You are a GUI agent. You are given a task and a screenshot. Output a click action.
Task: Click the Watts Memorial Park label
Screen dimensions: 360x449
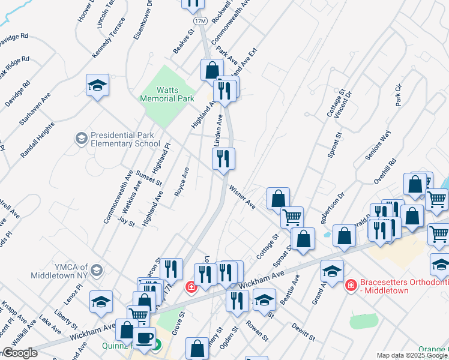(160, 94)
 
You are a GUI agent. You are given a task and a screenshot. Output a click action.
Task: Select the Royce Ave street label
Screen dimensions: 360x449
(182, 181)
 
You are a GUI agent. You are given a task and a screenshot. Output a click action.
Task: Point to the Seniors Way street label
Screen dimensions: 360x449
(378, 145)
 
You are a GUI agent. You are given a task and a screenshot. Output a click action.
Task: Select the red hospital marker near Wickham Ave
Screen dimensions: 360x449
(191, 288)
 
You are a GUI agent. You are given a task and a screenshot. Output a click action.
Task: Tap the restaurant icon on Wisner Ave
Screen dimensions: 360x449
(223, 159)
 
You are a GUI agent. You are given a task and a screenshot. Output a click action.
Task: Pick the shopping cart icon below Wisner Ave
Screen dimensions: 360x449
(292, 217)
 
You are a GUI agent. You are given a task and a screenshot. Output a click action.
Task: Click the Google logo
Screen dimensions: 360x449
(19, 353)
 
